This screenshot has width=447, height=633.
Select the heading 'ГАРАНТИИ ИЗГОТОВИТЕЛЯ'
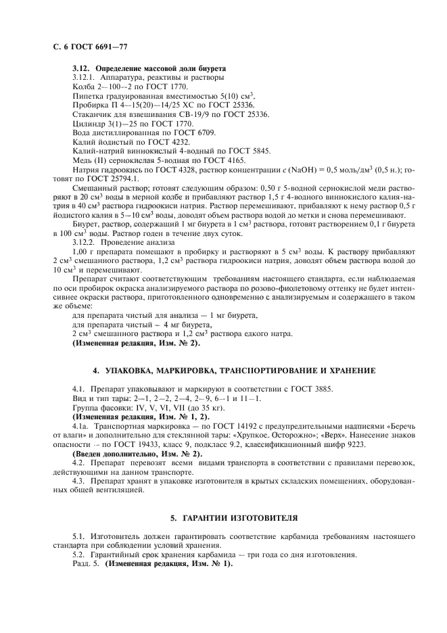pos(233,518)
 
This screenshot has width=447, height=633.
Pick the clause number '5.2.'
pos(80,554)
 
